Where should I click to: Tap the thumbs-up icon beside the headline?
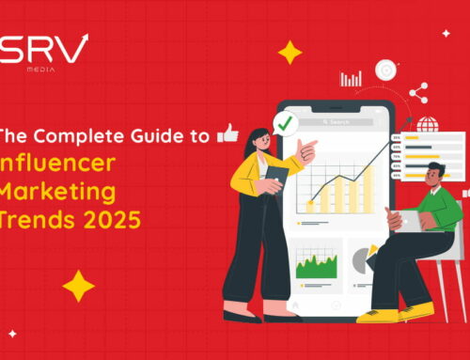click(227, 133)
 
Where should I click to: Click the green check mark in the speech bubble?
click(282, 122)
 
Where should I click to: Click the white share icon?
click(419, 92)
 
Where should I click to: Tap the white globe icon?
click(427, 124)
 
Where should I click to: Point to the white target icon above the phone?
click(385, 70)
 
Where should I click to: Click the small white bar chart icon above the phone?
click(351, 79)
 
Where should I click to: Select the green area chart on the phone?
click(316, 266)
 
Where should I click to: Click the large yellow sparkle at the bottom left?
click(78, 286)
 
